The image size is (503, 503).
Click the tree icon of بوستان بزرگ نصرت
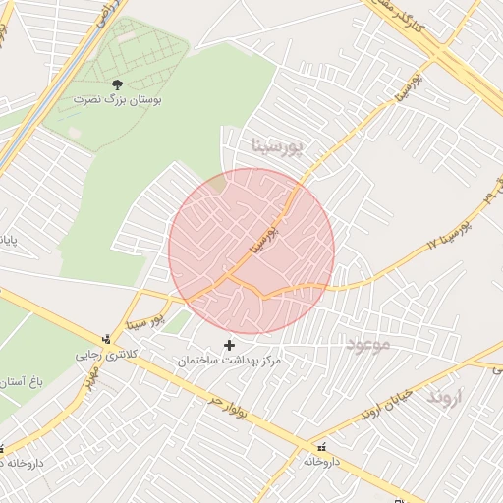tap(118, 85)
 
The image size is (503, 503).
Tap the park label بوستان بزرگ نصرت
tap(118, 100)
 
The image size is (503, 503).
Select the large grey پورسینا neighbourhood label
tap(280, 147)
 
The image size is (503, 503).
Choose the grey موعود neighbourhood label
tap(368, 344)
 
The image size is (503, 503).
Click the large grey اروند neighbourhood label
tap(451, 397)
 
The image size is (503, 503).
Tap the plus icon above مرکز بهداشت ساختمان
tap(230, 345)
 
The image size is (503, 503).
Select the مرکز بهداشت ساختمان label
tap(230, 362)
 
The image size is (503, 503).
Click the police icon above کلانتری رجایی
tap(107, 338)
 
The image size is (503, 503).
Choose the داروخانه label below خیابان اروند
tap(321, 461)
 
